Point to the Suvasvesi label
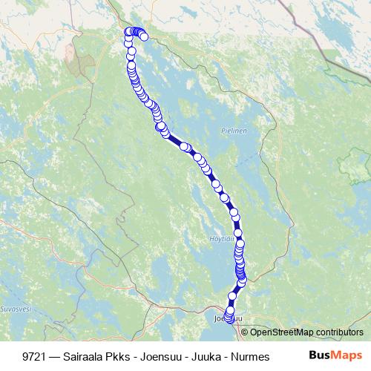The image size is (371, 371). click(x=13, y=306)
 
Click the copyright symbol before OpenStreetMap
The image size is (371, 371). click(x=245, y=332)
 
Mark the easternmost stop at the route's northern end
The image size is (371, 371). click(x=144, y=36)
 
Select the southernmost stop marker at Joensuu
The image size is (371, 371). click(x=229, y=321)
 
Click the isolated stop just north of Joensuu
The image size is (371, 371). click(x=232, y=296)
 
